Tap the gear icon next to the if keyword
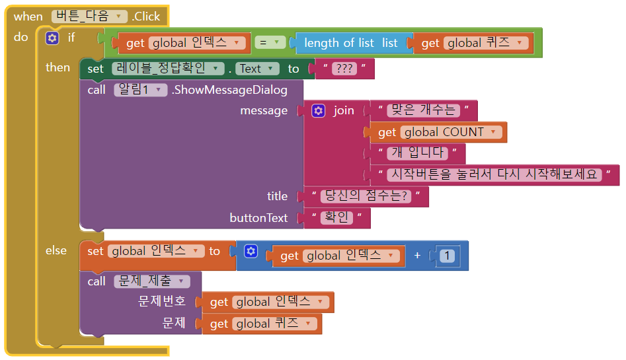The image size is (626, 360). click(52, 38)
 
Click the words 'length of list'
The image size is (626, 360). click(338, 43)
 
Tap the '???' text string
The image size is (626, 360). click(344, 69)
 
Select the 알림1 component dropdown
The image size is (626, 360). click(140, 89)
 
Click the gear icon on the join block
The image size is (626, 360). click(319, 110)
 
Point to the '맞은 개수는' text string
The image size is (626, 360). click(423, 110)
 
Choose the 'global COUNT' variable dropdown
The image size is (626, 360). click(453, 132)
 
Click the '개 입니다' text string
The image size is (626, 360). click(417, 154)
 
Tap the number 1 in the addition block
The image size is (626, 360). click(448, 256)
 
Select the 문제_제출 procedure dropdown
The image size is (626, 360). click(151, 281)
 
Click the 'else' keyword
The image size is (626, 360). click(56, 250)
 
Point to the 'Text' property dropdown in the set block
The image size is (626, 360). click(254, 68)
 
